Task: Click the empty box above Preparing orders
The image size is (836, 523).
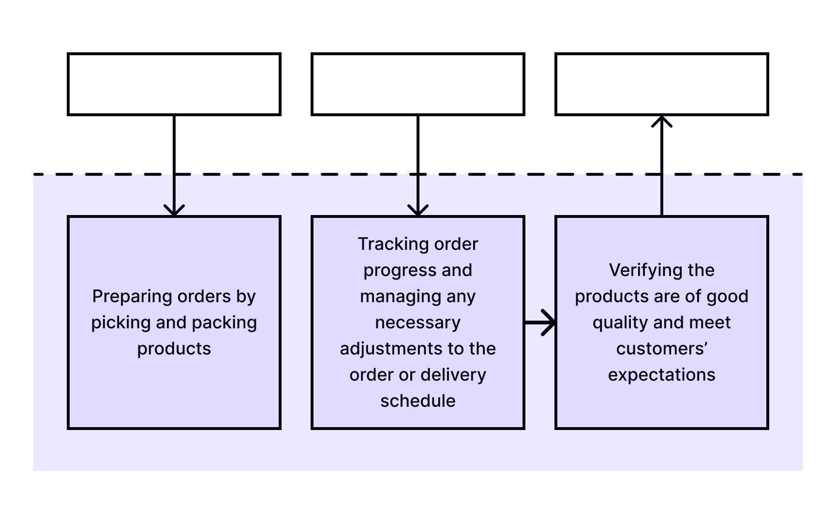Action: (174, 84)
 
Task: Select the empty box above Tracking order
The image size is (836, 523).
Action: (418, 84)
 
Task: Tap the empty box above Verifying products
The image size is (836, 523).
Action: (662, 84)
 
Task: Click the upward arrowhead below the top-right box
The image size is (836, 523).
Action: (662, 122)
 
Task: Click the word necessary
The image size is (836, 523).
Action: (418, 323)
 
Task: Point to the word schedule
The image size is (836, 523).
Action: (418, 401)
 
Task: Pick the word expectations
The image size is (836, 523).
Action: (662, 375)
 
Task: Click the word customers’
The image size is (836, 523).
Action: (662, 349)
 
